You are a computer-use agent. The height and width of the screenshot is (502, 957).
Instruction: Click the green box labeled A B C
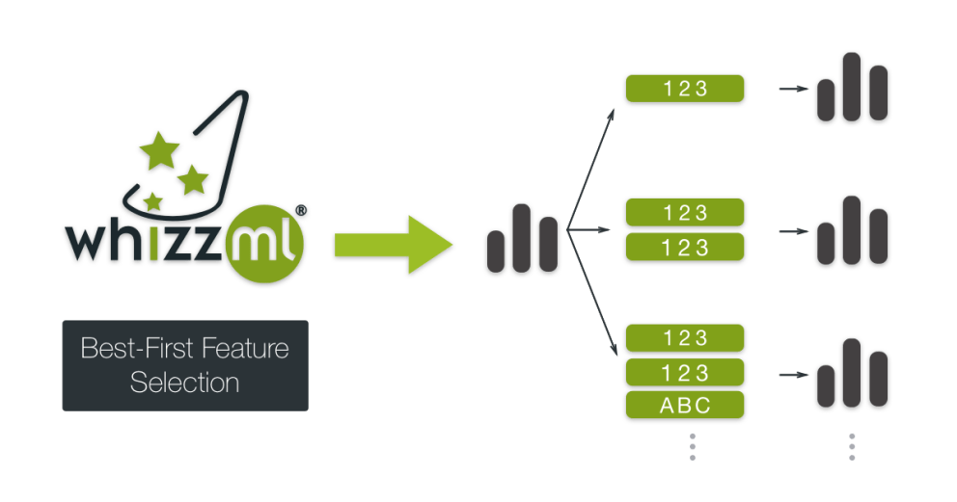point(686,406)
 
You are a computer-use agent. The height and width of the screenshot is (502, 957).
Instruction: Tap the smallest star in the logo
point(153,200)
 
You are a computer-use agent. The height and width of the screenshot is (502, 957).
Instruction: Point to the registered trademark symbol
point(301,209)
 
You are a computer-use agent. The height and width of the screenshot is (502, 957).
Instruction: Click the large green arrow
point(392,245)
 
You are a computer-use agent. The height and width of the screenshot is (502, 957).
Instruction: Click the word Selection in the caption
point(184,383)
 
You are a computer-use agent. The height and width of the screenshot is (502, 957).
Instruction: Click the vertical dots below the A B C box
point(692,446)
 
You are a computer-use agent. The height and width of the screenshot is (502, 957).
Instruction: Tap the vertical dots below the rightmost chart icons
point(852,446)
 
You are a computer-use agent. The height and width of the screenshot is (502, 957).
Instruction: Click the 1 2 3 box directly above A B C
point(686,372)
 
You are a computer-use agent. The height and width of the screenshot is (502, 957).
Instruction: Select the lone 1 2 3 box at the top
point(686,89)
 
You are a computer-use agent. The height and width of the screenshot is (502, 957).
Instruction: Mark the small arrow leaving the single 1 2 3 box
point(792,89)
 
